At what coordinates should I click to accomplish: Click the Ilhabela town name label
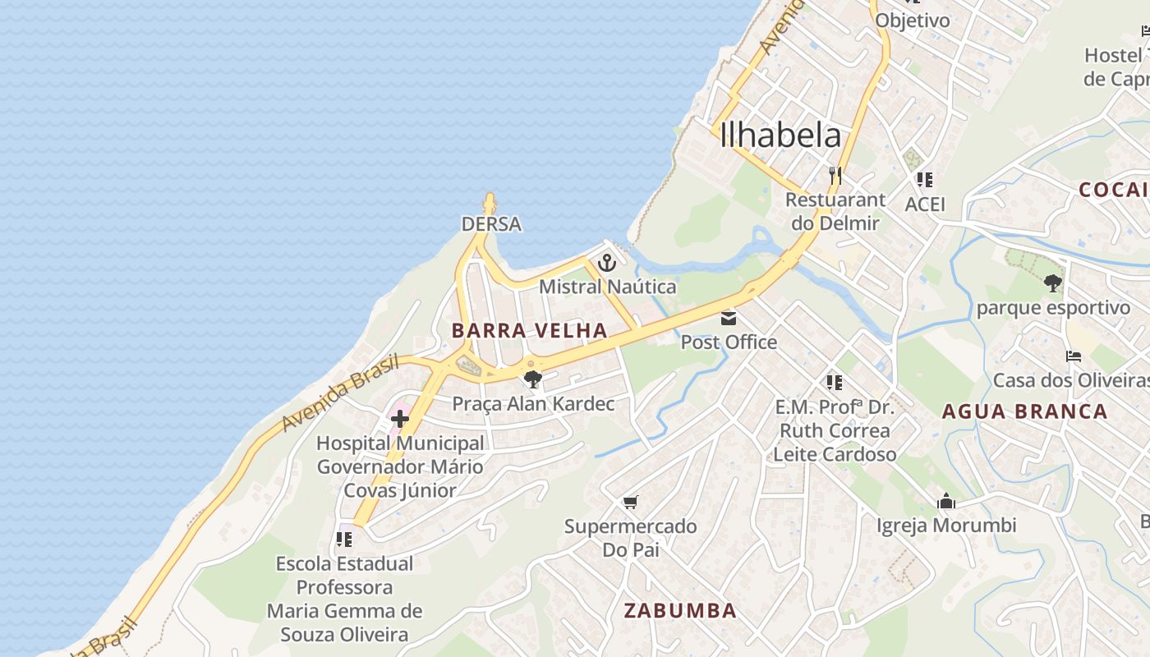pos(780,136)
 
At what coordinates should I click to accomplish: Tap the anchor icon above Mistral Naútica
pos(607,264)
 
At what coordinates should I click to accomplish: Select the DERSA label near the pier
pos(491,224)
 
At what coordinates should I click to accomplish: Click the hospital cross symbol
pos(400,419)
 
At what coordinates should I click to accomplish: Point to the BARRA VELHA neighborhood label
pos(530,331)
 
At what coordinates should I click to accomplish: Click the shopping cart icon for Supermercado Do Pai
pos(631,502)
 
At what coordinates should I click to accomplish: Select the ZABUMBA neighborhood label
pos(680,611)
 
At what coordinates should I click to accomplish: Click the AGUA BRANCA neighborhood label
pos(1024,411)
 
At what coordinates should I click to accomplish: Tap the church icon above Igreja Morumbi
pos(946,501)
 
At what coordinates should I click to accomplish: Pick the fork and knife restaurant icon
pos(835,176)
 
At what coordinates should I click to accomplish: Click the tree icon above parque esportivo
pos(1053,284)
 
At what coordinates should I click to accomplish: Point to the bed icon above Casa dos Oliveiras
pos(1073,356)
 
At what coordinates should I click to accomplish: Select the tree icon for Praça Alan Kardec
pos(532,379)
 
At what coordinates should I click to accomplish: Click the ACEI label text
pos(925,204)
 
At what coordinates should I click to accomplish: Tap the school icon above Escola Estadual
pos(344,540)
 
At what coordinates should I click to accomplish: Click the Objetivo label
pos(913,21)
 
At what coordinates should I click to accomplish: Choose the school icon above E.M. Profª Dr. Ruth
pos(835,383)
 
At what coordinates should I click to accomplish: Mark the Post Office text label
pos(729,342)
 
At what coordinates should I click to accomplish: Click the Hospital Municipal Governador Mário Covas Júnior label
pos(400,466)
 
